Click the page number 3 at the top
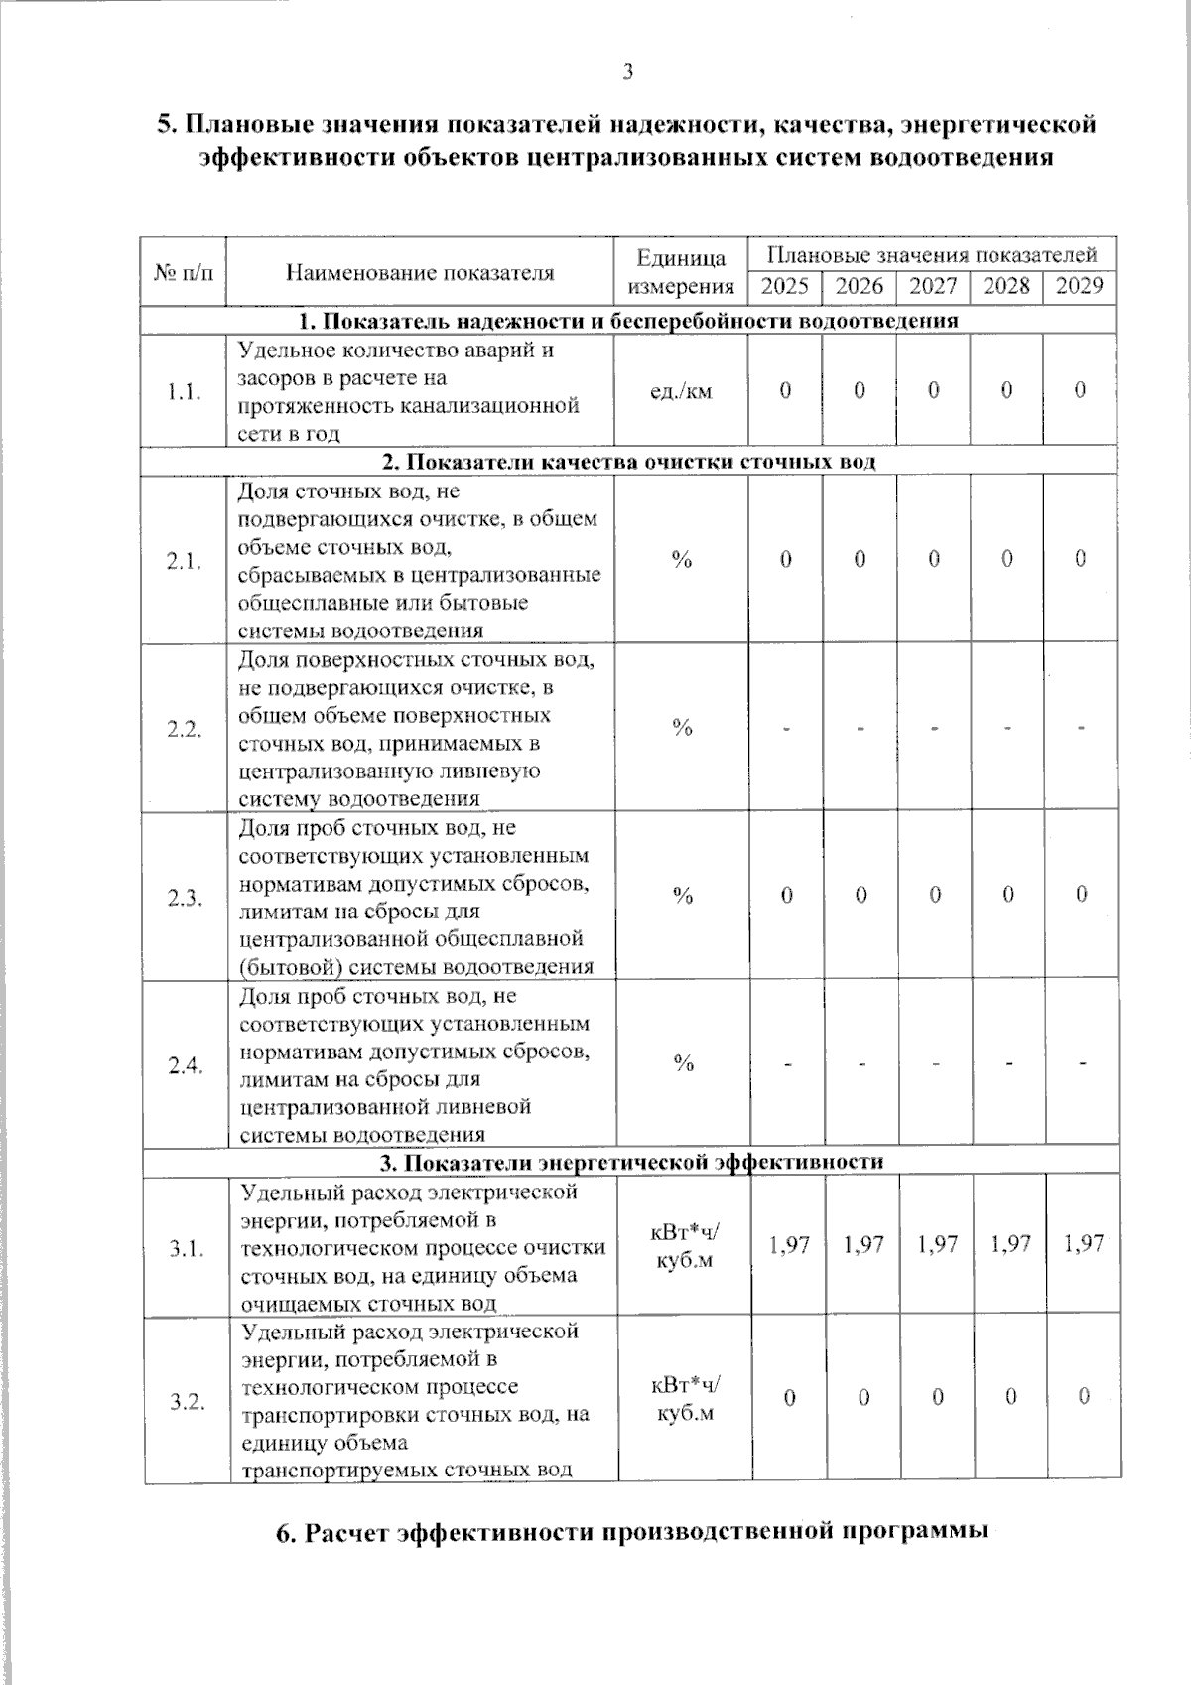(627, 71)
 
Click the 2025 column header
(785, 286)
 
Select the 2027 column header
(933, 286)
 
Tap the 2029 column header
(1080, 286)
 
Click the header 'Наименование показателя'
(420, 272)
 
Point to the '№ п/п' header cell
(185, 272)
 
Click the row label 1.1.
(185, 391)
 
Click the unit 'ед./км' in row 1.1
(681, 391)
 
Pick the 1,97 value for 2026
(862, 1243)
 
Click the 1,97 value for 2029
(1083, 1243)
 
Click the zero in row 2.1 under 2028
(1007, 559)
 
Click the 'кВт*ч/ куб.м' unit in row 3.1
(684, 1246)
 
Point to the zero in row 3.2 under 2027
(936, 1398)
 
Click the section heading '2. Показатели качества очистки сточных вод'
(629, 462)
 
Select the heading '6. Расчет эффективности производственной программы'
(631, 1531)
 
